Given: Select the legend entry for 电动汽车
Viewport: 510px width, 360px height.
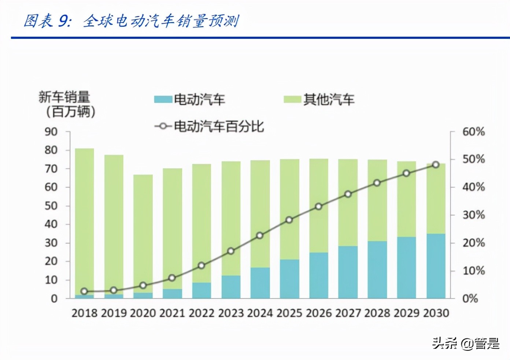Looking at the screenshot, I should click(189, 99).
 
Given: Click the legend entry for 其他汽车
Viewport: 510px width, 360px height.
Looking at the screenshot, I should click(319, 99).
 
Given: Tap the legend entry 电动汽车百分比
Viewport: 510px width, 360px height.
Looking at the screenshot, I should click(210, 126).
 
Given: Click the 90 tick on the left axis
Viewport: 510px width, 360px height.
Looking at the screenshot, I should click(51, 132).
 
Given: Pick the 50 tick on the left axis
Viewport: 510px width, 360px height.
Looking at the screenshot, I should click(51, 206).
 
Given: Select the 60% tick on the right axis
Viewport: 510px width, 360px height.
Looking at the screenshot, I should click(473, 132).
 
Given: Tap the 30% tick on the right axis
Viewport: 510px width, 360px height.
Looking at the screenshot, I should click(473, 215).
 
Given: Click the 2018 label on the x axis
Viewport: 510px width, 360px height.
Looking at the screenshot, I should click(84, 313).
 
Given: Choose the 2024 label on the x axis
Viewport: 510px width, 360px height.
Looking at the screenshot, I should click(260, 313).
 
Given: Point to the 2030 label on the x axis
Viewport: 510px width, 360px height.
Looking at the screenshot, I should click(436, 313).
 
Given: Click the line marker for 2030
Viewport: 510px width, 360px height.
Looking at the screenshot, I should click(436, 165).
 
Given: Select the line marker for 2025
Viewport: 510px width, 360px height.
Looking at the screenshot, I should click(289, 220).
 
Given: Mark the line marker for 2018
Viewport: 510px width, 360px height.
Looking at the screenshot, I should click(84, 291).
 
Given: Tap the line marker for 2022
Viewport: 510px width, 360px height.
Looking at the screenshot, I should click(202, 265).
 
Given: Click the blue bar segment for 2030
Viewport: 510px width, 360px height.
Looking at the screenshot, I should click(436, 266).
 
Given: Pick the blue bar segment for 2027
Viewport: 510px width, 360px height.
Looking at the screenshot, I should click(348, 272).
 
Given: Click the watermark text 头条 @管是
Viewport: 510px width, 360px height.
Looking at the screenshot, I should click(466, 344).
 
